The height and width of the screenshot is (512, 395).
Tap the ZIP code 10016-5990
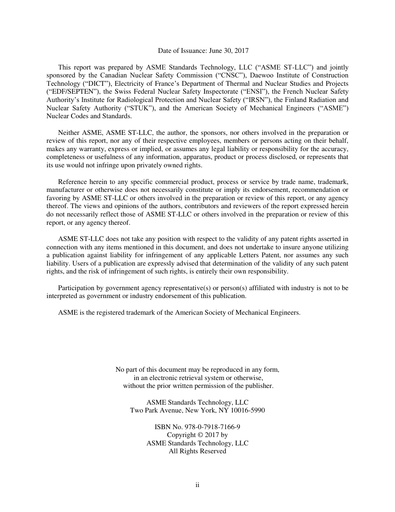tap(248, 410)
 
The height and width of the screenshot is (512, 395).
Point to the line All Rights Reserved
tap(197, 451)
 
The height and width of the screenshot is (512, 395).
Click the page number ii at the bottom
tap(197, 485)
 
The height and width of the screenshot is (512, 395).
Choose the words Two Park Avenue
tap(152, 410)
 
